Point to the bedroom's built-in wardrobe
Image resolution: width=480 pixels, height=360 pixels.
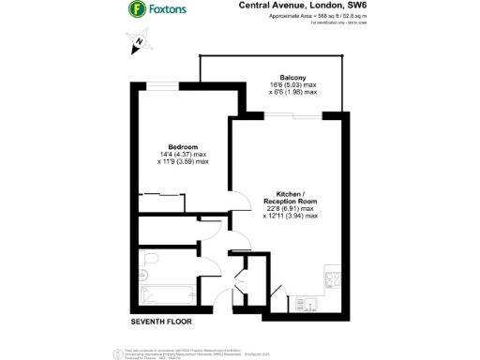click(x=159, y=200)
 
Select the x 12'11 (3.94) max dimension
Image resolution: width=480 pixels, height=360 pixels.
click(x=292, y=216)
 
